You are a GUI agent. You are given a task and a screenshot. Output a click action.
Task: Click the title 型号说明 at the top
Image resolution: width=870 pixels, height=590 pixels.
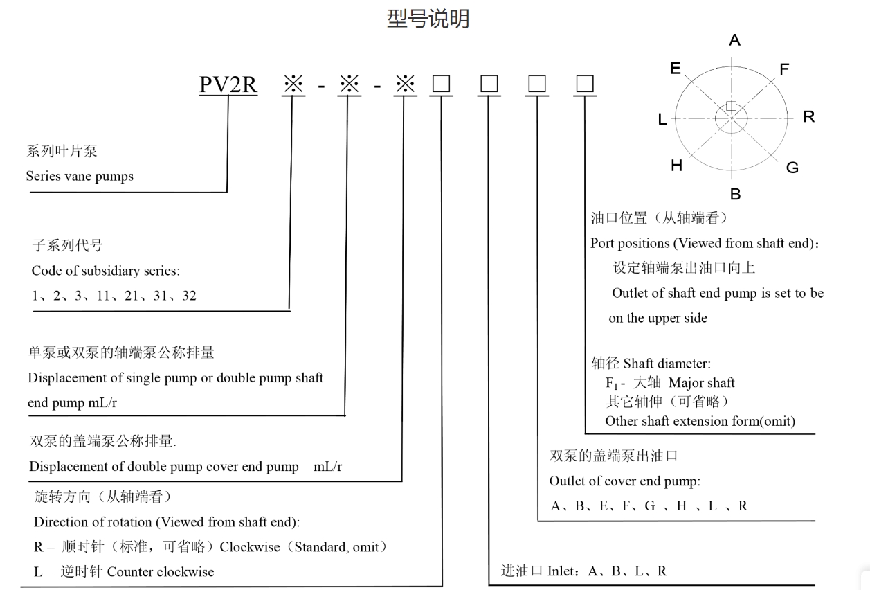[428, 19]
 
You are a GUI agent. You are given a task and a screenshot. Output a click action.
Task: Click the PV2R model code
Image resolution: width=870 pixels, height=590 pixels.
[228, 84]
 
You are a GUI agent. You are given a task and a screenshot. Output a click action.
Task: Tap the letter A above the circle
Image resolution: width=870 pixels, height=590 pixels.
[734, 41]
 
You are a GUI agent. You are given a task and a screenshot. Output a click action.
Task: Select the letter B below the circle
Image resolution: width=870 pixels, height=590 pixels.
[735, 195]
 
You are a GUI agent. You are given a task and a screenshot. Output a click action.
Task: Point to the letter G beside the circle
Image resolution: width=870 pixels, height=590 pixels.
[792, 167]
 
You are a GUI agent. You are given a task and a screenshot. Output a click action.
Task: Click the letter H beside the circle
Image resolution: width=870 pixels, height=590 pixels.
[676, 166]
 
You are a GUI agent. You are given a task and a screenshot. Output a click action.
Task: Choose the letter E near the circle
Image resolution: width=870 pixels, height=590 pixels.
[675, 68]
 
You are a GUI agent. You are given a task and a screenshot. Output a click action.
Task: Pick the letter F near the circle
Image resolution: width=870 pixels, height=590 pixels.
[784, 69]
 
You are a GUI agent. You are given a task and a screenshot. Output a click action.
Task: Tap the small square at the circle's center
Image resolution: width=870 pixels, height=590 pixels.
[732, 106]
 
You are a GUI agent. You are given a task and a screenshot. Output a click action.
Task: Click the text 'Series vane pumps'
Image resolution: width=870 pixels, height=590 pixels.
[80, 176]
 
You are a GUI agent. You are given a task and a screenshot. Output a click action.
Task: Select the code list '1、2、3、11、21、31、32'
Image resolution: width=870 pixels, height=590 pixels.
[114, 296]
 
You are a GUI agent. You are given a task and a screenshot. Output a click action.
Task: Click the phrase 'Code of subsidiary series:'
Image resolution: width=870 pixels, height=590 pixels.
[105, 271]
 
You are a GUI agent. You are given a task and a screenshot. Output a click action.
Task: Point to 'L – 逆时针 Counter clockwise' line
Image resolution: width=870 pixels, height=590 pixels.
[124, 571]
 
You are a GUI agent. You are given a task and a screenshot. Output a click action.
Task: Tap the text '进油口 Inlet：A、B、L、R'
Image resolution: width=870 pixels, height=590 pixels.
[583, 571]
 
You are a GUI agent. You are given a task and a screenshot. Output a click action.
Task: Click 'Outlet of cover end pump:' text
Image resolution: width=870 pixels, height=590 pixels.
[624, 481]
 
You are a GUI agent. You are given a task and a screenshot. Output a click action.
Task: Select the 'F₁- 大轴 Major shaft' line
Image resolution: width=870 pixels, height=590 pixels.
[670, 383]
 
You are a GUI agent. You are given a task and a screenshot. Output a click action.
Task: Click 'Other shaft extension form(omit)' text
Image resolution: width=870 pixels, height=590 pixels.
[700, 420]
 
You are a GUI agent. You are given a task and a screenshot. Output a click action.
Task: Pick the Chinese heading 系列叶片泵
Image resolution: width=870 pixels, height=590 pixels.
[62, 152]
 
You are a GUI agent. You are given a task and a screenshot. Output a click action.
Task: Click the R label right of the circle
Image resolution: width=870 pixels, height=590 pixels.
[808, 117]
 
